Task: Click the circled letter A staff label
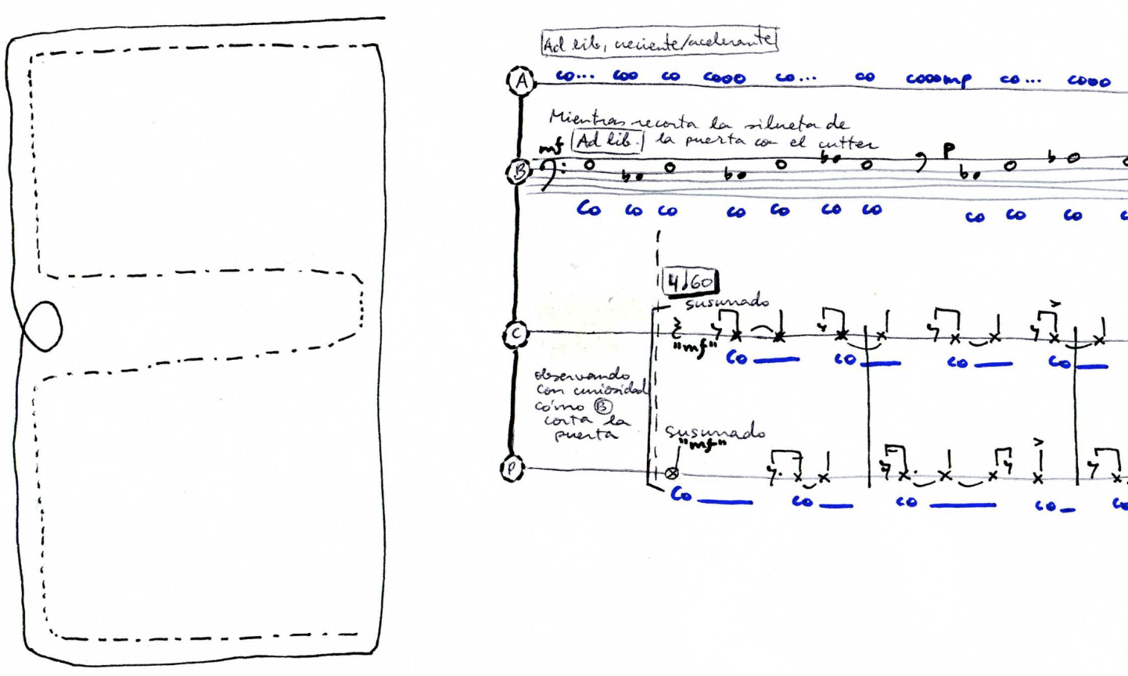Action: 520,80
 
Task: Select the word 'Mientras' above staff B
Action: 580,120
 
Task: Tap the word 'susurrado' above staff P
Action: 715,433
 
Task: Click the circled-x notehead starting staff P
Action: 671,473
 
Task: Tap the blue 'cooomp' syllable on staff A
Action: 939,79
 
